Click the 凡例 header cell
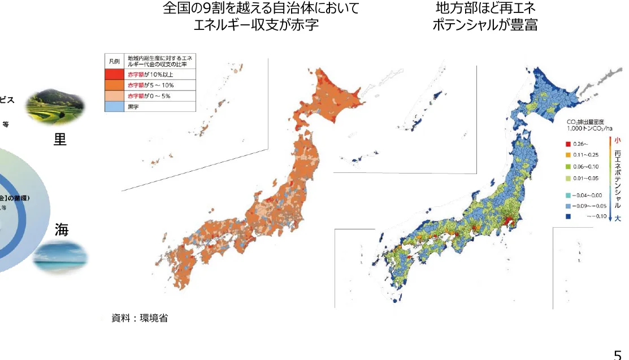pyautogui.click(x=115, y=60)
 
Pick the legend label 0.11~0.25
pyautogui.click(x=586, y=155)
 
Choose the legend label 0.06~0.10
pyautogui.click(x=586, y=167)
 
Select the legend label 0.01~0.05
pyautogui.click(x=586, y=178)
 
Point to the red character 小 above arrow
pyautogui.click(x=617, y=140)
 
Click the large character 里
pyautogui.click(x=59, y=140)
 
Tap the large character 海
pyautogui.click(x=62, y=230)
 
